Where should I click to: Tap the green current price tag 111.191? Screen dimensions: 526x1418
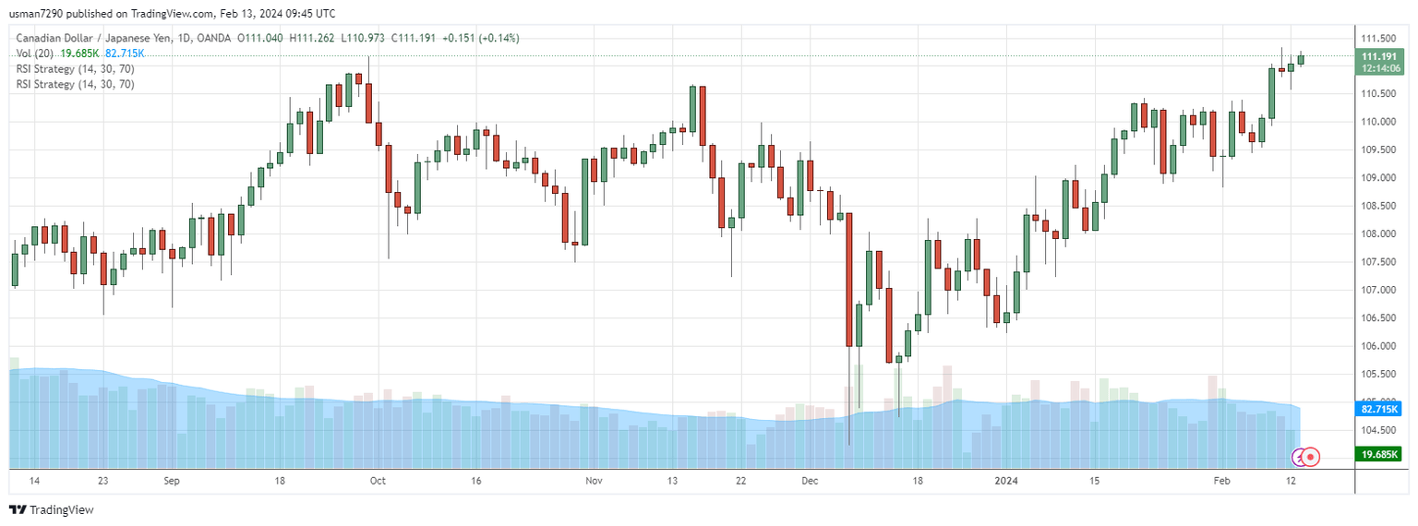pyautogui.click(x=1378, y=56)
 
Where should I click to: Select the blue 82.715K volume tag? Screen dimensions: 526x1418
pyautogui.click(x=1379, y=409)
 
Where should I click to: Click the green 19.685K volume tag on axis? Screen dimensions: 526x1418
pyautogui.click(x=1379, y=454)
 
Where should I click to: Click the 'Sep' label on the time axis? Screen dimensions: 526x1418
pyautogui.click(x=171, y=481)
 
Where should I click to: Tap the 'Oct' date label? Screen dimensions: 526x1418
pyautogui.click(x=379, y=481)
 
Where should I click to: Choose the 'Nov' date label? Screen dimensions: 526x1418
pyautogui.click(x=594, y=481)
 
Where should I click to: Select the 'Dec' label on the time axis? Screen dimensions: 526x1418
pyautogui.click(x=810, y=481)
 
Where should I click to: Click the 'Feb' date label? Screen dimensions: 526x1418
pyautogui.click(x=1221, y=481)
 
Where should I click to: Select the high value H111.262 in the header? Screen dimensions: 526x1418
pyautogui.click(x=311, y=38)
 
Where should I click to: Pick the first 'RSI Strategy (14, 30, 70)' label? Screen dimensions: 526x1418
pyautogui.click(x=75, y=69)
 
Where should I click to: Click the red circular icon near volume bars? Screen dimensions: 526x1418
pyautogui.click(x=1311, y=456)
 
